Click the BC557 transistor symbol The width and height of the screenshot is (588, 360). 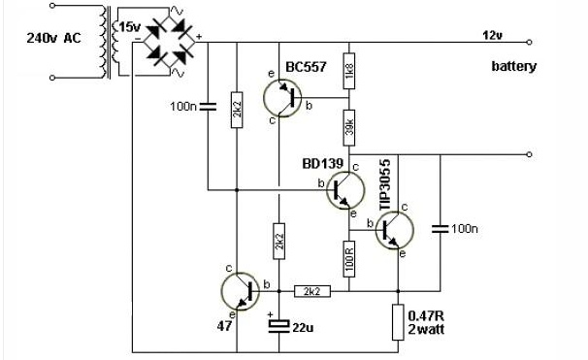point(282,98)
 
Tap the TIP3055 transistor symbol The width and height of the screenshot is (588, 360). point(395,230)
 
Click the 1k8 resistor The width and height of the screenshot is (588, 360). point(349,71)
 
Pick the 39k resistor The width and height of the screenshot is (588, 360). point(349,128)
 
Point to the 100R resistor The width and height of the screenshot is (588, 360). point(349,259)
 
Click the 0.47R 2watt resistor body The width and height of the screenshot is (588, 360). point(398,322)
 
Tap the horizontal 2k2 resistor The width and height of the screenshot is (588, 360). point(312,291)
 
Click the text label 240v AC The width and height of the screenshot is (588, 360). point(53,38)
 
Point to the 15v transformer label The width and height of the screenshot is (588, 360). point(130,27)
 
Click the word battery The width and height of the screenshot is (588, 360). point(513,66)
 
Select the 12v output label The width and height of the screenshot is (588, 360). point(492,36)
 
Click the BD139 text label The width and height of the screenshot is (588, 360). point(322,163)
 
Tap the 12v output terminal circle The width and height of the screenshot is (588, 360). point(529,42)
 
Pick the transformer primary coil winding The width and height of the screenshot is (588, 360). point(103,42)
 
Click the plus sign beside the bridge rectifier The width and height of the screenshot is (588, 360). point(199,37)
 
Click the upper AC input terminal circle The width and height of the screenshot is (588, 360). point(52,6)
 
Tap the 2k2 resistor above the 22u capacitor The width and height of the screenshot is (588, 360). point(279,241)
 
